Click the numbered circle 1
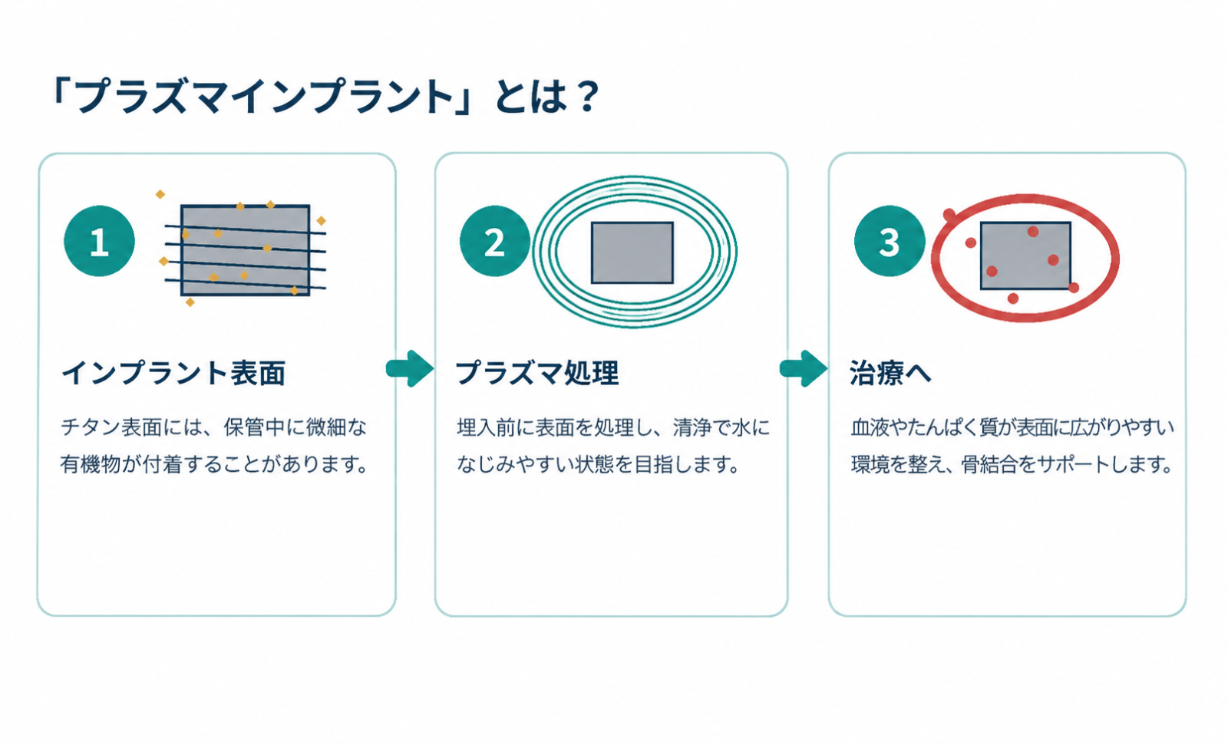point(99,241)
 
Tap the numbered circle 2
point(494,241)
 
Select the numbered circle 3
point(890,241)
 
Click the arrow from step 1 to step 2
point(410,368)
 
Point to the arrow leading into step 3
point(804,368)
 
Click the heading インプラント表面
point(173,374)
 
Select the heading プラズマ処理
point(538,374)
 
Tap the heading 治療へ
point(890,374)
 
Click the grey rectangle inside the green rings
point(632,252)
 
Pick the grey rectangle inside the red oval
point(1025,255)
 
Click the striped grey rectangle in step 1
point(245,251)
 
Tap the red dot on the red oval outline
point(949,215)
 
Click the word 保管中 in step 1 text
point(255,427)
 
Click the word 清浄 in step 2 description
point(693,427)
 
